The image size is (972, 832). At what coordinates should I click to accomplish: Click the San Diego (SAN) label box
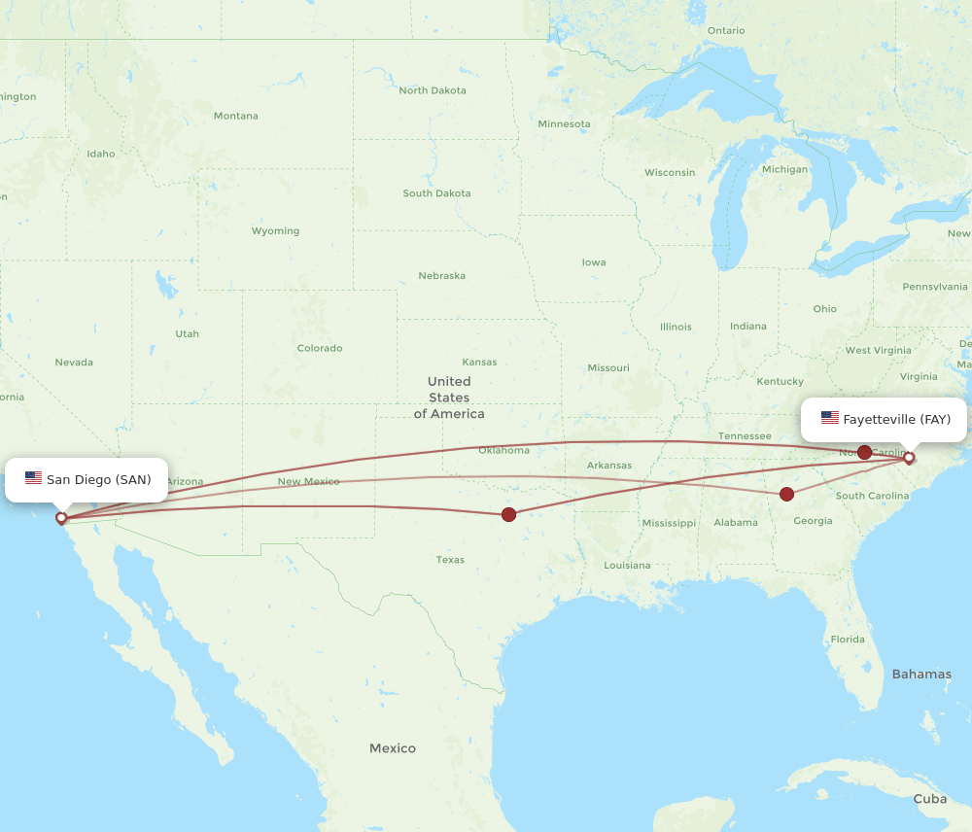[87, 480]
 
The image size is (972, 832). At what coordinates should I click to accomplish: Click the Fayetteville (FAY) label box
[884, 420]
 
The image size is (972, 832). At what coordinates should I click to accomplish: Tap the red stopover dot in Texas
[508, 514]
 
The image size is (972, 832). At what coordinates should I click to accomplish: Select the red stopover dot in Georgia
[787, 495]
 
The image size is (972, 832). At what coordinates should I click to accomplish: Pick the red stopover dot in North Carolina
[864, 452]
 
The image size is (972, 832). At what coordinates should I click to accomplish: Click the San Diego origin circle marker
[61, 518]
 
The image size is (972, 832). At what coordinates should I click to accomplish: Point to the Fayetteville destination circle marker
[910, 458]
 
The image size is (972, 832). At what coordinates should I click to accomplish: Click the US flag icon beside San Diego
[34, 478]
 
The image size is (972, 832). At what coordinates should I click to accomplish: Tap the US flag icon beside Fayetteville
[829, 418]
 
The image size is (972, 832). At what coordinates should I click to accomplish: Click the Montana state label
[236, 116]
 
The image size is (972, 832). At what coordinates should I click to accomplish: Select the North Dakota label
[433, 90]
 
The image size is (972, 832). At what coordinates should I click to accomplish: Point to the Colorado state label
[320, 348]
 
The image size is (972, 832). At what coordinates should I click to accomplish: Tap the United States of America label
[449, 398]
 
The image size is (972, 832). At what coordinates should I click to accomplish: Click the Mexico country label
[393, 748]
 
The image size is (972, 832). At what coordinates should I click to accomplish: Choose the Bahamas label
[921, 674]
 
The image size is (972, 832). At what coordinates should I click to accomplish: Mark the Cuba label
[930, 799]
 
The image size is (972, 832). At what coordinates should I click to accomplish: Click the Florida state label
[848, 639]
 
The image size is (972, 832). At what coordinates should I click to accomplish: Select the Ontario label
[726, 31]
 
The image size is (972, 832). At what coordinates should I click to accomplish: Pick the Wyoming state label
[275, 231]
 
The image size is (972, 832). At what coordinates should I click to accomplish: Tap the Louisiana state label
[627, 565]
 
